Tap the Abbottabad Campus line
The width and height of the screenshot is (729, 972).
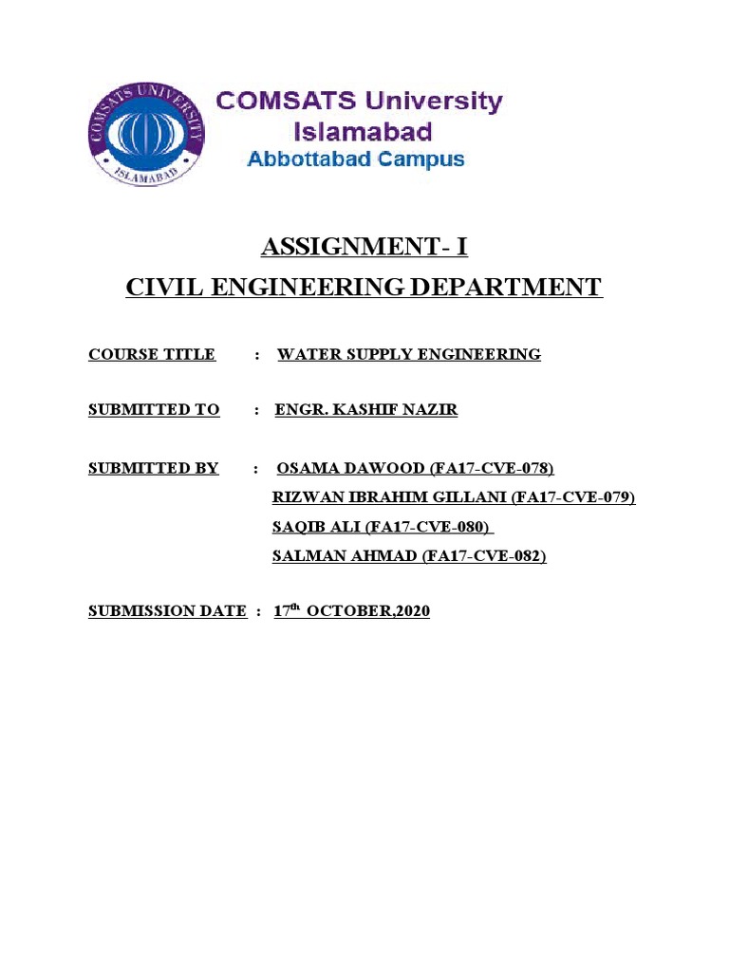pyautogui.click(x=356, y=159)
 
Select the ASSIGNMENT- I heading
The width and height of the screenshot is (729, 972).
pyautogui.click(x=364, y=249)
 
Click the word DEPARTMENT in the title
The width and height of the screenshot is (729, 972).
pyautogui.click(x=514, y=287)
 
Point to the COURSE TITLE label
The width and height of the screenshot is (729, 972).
pyautogui.click(x=152, y=355)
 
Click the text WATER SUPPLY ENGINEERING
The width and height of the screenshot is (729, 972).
pyautogui.click(x=409, y=355)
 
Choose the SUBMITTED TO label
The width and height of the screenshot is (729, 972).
pyautogui.click(x=154, y=410)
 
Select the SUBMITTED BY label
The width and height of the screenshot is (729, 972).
pyautogui.click(x=154, y=468)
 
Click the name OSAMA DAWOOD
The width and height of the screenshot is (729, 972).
pyautogui.click(x=350, y=468)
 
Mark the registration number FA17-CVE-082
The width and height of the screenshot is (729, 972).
pyautogui.click(x=484, y=557)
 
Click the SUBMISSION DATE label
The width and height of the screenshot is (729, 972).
pyautogui.click(x=167, y=612)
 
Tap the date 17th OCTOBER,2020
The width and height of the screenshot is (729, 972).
pyautogui.click(x=352, y=612)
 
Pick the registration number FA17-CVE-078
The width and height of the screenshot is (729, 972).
pyautogui.click(x=492, y=468)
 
